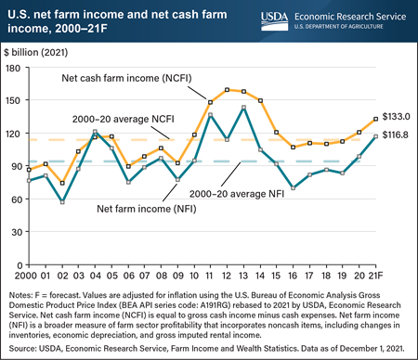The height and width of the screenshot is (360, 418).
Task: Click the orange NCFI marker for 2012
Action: pos(228,90)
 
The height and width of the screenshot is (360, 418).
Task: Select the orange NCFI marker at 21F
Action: pos(374,118)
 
